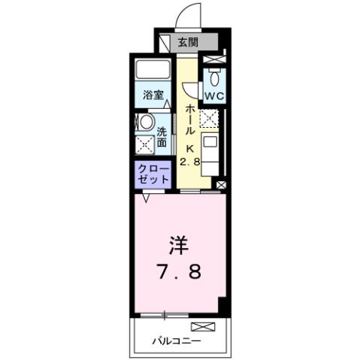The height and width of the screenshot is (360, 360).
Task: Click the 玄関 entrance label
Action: (x=187, y=42)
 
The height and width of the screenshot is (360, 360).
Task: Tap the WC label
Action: (x=213, y=95)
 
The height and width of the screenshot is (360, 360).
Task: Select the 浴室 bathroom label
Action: (x=153, y=95)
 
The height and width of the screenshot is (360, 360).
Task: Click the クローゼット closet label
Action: (x=152, y=176)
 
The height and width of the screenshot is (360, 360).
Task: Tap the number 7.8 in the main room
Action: (x=179, y=271)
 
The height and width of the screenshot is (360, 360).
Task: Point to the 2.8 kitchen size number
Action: (x=189, y=160)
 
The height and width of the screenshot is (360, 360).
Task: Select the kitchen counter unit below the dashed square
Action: (x=211, y=154)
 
